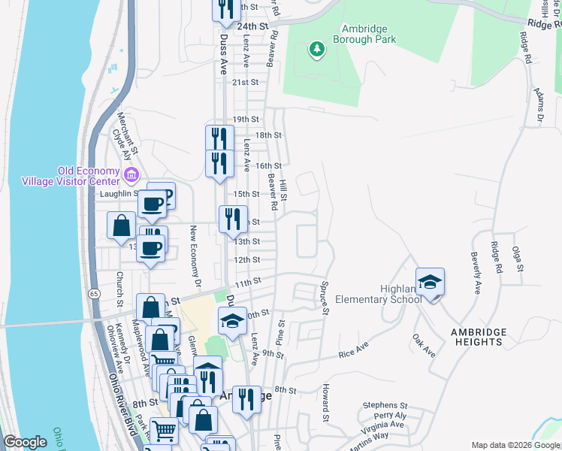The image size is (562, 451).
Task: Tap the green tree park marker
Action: (317, 50)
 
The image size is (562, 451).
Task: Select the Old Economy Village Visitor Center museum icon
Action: (131, 175)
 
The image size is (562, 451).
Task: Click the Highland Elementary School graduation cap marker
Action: (430, 283)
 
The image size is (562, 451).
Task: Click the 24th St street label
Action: (252, 26)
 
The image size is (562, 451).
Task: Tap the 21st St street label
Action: (245, 83)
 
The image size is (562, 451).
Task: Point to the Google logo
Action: (26, 442)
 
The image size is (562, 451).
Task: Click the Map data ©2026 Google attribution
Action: (515, 445)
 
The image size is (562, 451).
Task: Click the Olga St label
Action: (517, 257)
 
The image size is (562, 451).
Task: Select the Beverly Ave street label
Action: (476, 272)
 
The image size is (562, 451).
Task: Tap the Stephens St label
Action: (384, 404)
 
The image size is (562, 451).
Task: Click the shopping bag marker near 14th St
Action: (121, 225)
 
